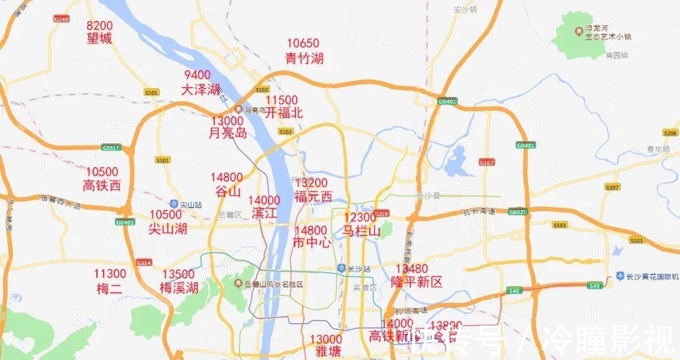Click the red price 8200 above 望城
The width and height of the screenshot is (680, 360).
coord(99,26)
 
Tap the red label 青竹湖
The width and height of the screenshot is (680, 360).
coord(304,59)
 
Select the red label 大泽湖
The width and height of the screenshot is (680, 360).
coord(201,90)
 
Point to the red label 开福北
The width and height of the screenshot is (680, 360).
coord(284,113)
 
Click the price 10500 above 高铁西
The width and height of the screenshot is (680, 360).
coord(102,172)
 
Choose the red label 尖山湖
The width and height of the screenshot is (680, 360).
coord(168,228)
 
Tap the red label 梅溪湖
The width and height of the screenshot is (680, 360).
coord(179,288)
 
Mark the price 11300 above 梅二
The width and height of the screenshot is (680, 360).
coord(110,274)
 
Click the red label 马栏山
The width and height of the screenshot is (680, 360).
coord(361,231)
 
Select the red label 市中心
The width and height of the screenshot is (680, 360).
coord(312,243)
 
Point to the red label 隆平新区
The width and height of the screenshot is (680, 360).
coord(417,281)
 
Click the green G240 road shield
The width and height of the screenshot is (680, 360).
coord(60,19)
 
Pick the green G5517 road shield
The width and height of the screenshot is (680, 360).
coord(110,148)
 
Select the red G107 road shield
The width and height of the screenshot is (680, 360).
coord(487,162)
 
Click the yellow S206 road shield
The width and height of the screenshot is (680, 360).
coord(670,133)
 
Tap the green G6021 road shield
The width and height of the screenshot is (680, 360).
coord(518,212)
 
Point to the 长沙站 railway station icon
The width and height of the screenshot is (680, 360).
coord(342,269)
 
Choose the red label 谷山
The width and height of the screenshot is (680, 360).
coord(228,191)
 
